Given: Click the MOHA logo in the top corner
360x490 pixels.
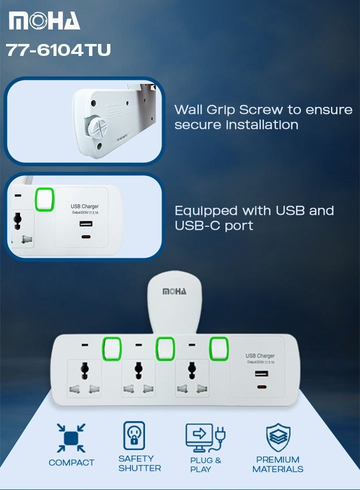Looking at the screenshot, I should click(44, 21).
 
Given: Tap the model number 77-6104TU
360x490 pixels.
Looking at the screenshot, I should click(58, 50).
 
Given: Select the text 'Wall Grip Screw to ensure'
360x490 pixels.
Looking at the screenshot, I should click(263, 110).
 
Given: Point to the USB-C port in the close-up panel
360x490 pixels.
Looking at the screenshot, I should click(85, 237).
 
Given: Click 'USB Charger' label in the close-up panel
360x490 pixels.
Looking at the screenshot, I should click(84, 206).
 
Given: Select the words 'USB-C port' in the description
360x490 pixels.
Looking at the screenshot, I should click(213, 226).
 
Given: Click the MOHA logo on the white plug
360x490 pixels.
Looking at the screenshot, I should click(174, 291).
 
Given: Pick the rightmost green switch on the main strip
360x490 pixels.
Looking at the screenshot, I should click(218, 348).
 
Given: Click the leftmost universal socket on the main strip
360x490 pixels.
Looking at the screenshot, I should click(84, 379).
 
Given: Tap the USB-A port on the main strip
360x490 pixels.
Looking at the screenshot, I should click(259, 374).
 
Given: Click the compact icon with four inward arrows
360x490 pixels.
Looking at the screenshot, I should click(71, 437).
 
